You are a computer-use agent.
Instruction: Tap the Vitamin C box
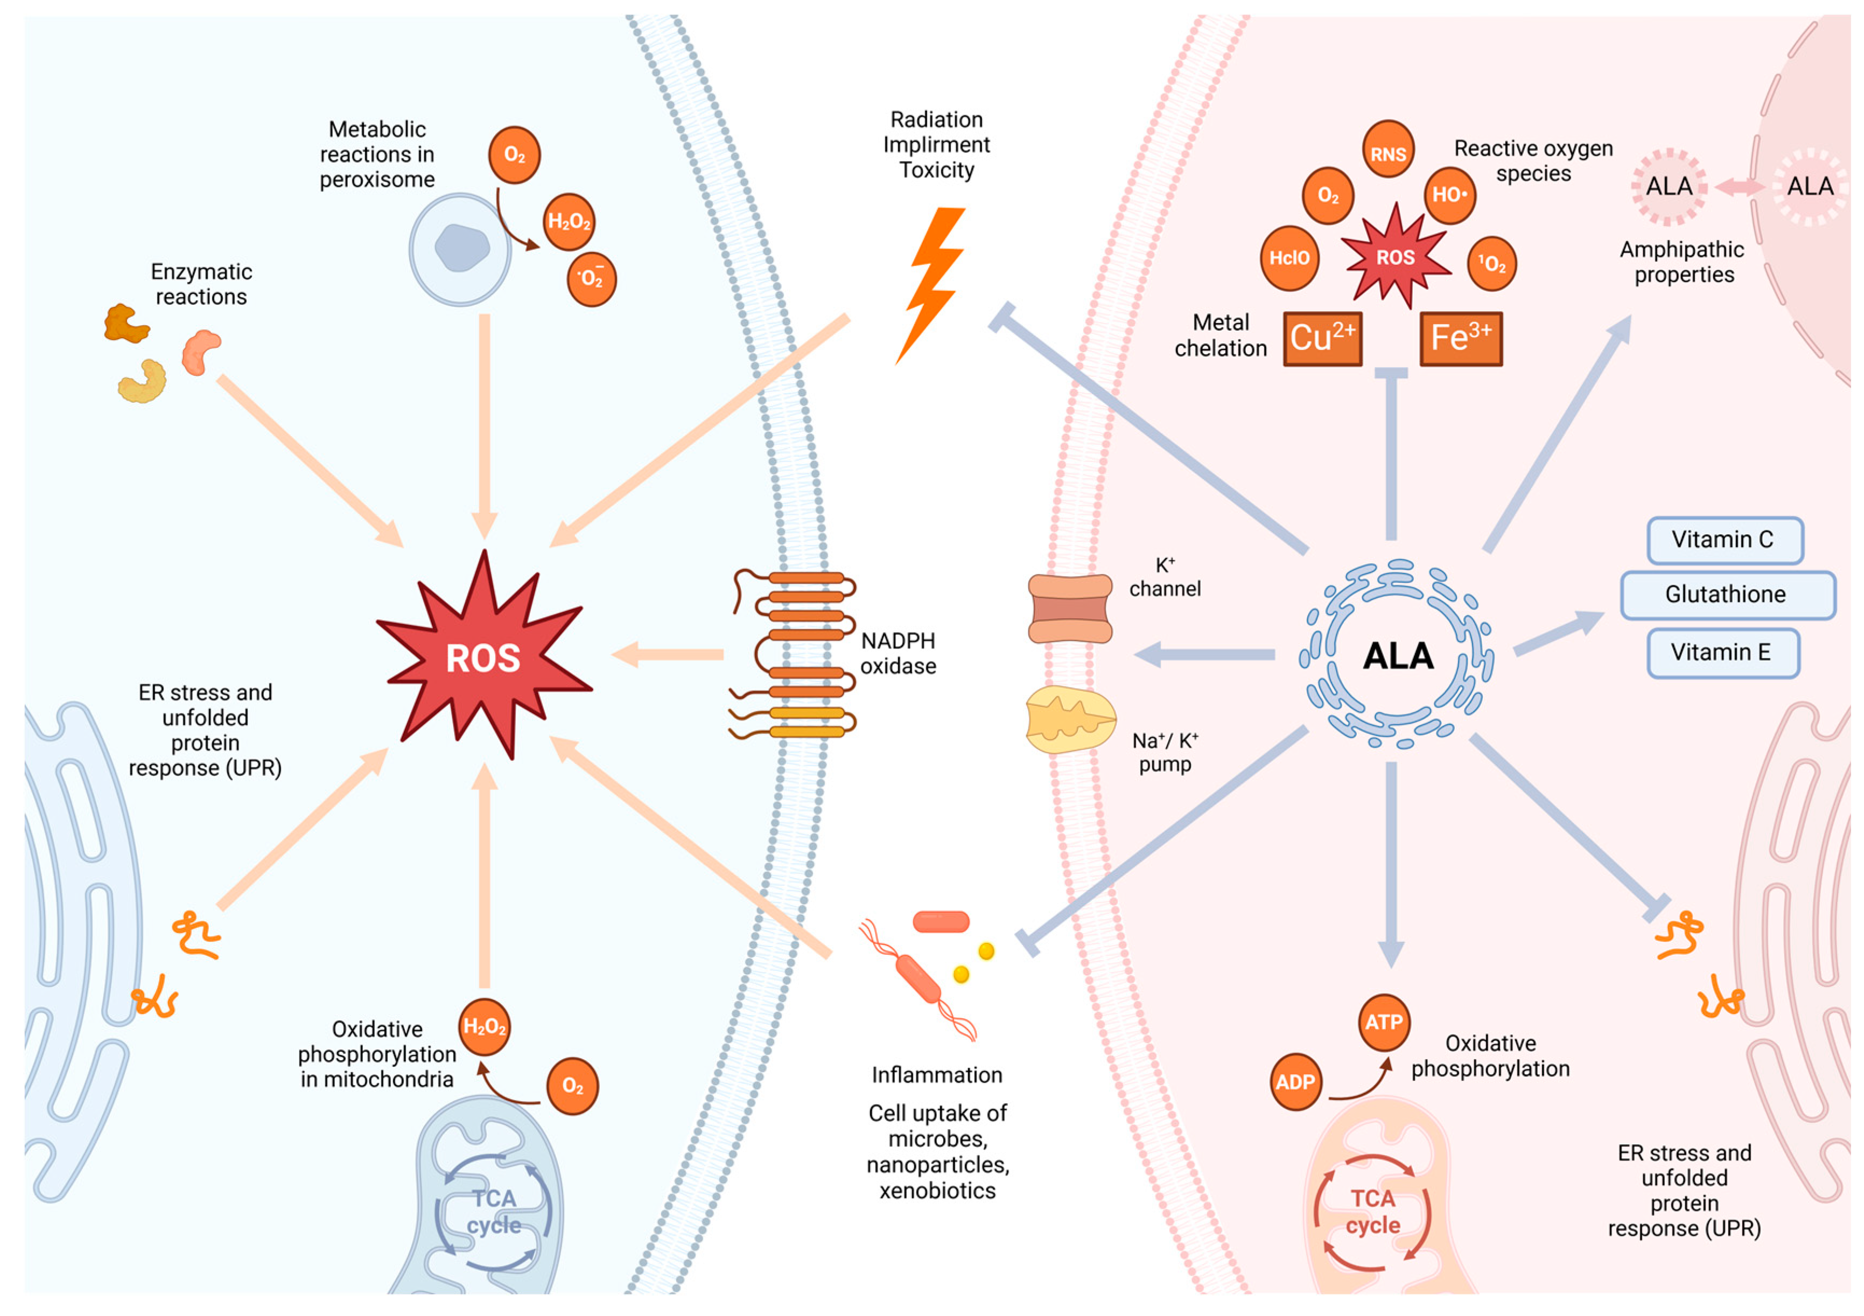(1725, 540)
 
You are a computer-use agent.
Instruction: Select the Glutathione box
(1727, 595)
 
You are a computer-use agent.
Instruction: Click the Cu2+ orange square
(1322, 339)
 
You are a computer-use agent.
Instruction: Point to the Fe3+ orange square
(1461, 339)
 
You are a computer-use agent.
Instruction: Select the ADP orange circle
(1295, 1082)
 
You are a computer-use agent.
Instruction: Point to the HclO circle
(1289, 258)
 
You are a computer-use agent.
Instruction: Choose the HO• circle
(1449, 195)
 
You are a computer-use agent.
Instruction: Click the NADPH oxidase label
(898, 654)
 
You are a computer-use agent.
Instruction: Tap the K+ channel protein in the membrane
(1070, 609)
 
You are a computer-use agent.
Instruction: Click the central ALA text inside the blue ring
(1398, 656)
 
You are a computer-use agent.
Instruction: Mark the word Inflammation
(937, 1076)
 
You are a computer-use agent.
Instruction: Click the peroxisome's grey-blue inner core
(462, 248)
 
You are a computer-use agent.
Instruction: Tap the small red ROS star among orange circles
(1395, 257)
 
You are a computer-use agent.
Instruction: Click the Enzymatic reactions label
(201, 284)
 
